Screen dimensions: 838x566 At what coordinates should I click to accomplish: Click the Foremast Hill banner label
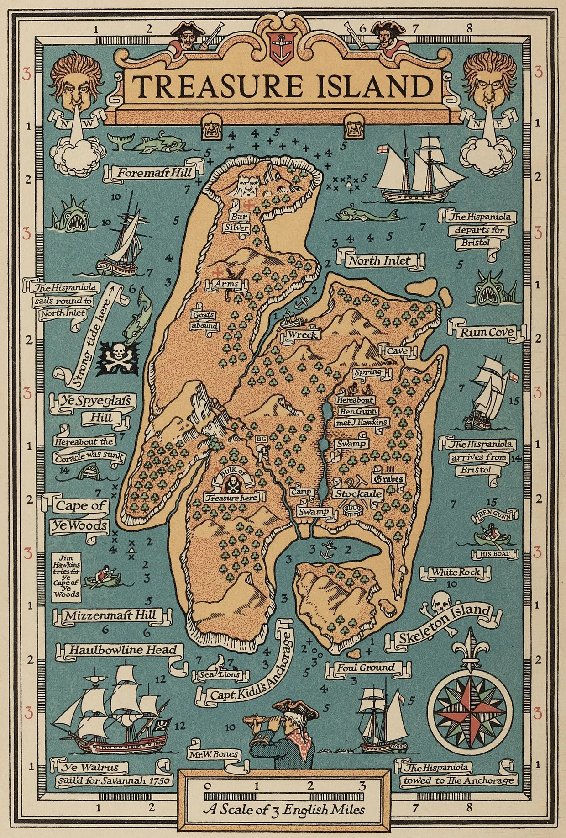[x=154, y=173]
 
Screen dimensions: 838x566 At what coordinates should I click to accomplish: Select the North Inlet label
[x=380, y=260]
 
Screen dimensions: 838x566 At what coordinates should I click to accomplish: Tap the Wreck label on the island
[x=302, y=335]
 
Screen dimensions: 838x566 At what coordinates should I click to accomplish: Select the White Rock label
[x=456, y=572]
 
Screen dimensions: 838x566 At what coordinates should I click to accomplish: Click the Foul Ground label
[x=366, y=668]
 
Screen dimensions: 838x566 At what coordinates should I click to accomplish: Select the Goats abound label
[x=204, y=320]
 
